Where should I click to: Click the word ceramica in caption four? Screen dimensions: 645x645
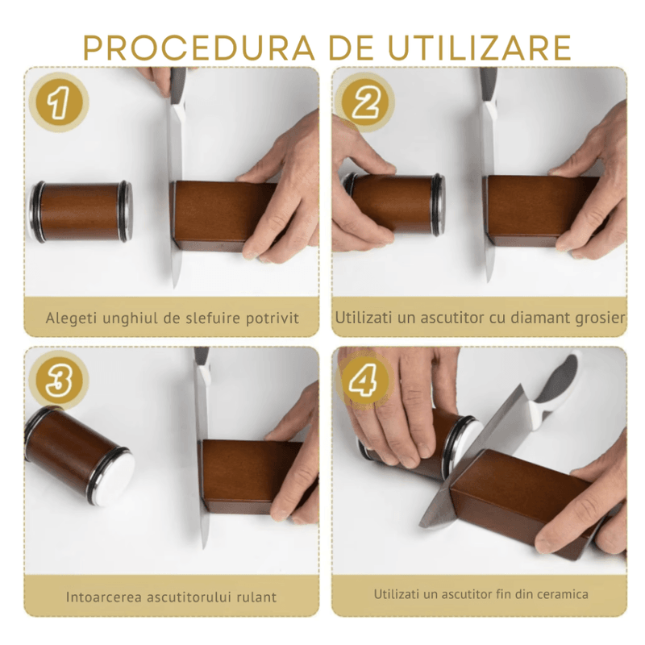pos(562,594)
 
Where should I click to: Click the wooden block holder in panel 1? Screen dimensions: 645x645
pos(214,214)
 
